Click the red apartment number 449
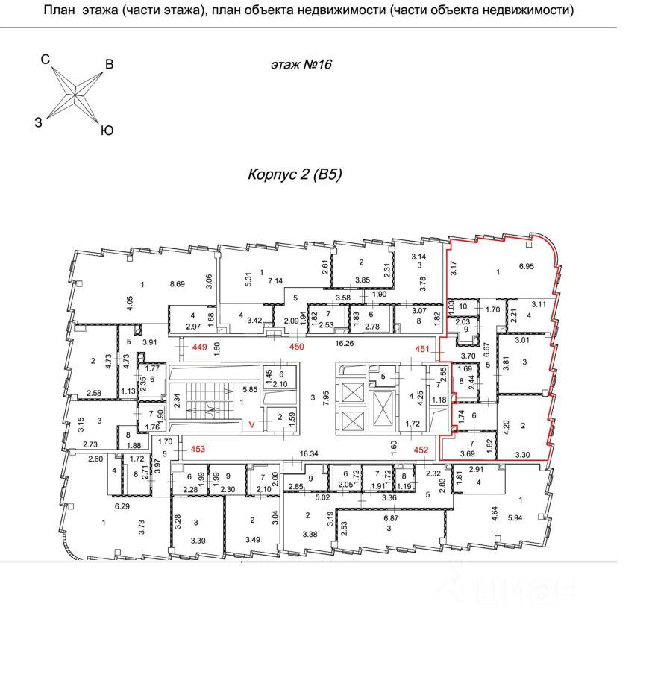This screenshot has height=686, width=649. click(199, 347)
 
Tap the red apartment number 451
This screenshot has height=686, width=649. click(423, 347)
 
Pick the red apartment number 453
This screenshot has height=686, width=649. click(197, 450)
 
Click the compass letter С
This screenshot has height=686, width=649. click(45, 59)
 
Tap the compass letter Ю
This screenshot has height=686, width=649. click(107, 130)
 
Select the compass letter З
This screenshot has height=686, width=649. click(38, 124)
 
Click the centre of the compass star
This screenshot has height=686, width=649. click(75, 93)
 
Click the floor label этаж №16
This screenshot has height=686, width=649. click(301, 65)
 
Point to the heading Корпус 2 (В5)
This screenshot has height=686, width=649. click(294, 175)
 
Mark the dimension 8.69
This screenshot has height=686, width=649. click(178, 284)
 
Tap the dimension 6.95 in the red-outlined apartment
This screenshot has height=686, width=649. click(527, 266)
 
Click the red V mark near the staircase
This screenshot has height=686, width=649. click(252, 425)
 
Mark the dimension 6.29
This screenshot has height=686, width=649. click(123, 506)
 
